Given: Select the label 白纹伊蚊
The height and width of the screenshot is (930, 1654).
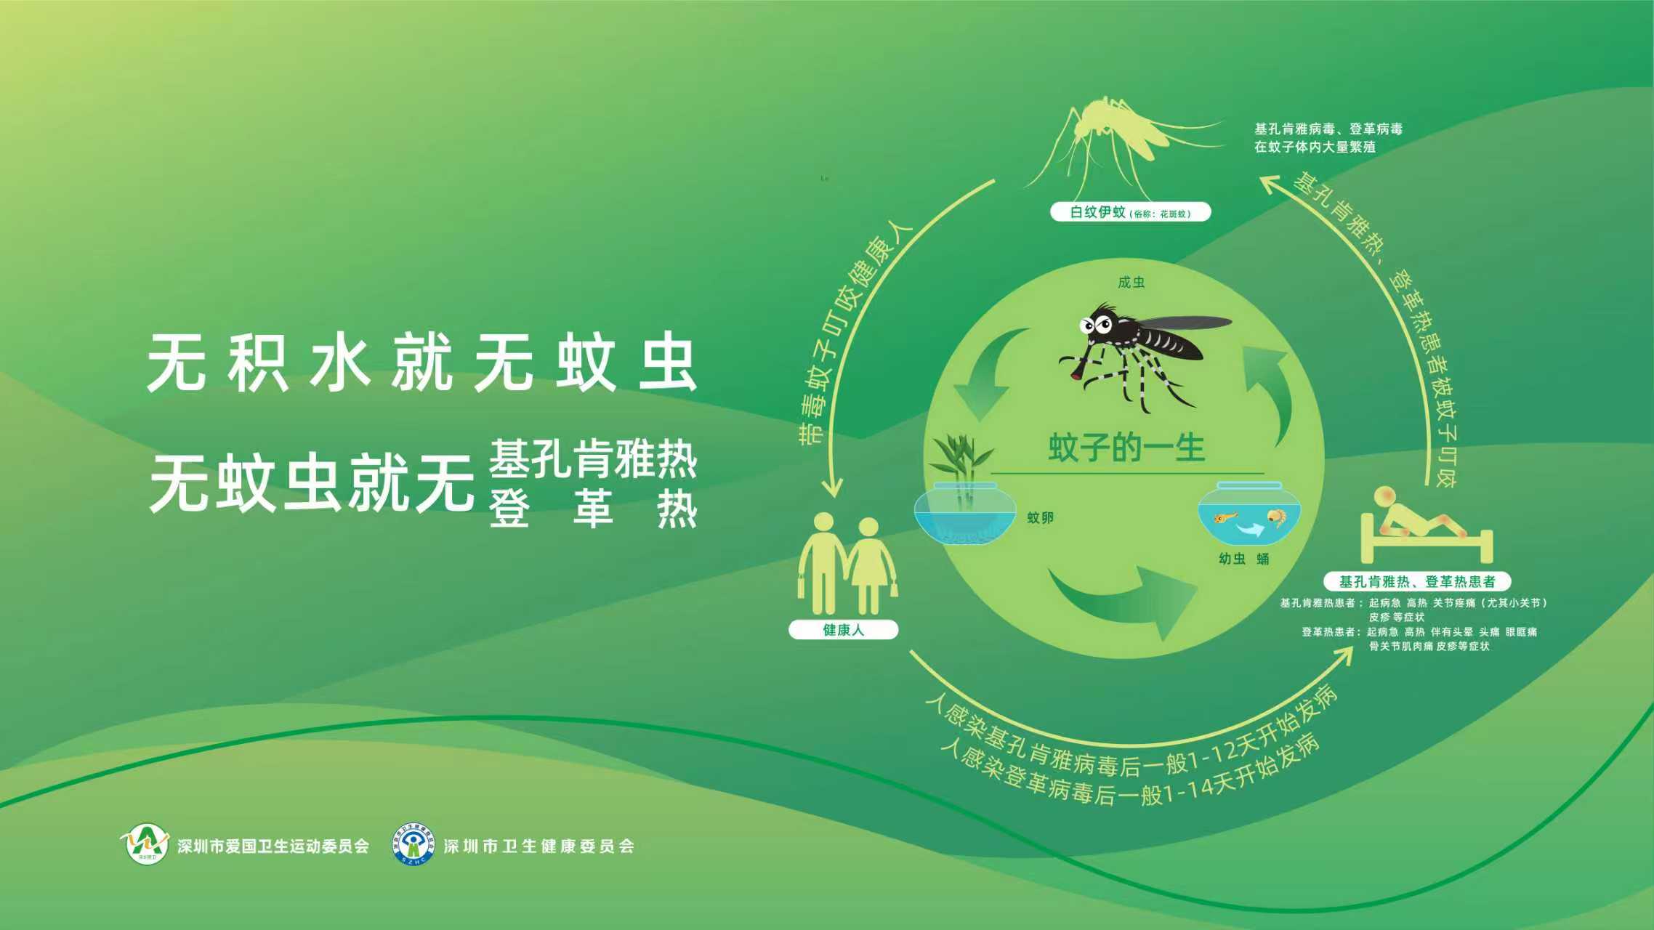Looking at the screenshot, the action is click(x=1097, y=212).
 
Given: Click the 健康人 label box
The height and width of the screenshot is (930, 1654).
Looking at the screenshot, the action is click(x=843, y=630).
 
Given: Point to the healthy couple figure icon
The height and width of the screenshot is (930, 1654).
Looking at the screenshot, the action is click(x=847, y=563).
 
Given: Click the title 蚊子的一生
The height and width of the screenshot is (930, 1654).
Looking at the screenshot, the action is click(x=1126, y=448).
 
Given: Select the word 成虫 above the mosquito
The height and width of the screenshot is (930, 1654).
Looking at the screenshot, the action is click(x=1131, y=283).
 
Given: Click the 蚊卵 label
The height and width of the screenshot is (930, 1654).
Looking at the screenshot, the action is click(x=1040, y=518).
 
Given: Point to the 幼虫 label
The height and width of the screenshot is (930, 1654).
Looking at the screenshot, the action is click(x=1232, y=559).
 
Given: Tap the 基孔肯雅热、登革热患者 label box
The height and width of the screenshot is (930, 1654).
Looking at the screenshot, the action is click(x=1417, y=581).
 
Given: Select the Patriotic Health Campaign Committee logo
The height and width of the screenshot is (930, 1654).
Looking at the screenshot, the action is click(x=145, y=843).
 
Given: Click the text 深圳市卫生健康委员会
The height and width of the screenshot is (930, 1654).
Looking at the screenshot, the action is click(x=538, y=846).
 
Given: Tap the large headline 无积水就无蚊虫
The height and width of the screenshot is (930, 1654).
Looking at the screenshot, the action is click(x=421, y=364).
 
